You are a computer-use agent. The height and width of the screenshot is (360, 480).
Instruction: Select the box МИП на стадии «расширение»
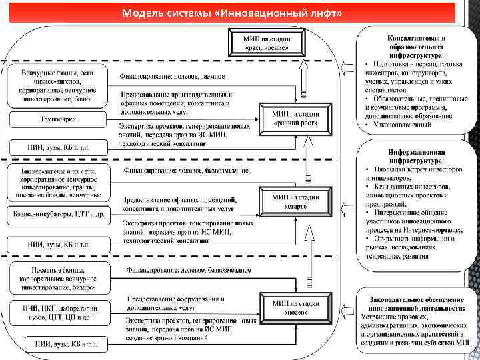[267, 43]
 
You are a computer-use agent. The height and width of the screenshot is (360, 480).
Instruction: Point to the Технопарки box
[59, 119]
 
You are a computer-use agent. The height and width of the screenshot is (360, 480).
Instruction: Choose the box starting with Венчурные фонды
[59, 86]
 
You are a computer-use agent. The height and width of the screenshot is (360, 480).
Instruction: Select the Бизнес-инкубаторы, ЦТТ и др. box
[59, 215]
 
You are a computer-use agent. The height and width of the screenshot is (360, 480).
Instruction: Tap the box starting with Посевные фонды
[59, 277]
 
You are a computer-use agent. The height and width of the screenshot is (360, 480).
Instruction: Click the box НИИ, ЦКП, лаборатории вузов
[59, 313]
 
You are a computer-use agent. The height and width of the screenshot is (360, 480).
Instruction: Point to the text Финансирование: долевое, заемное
[172, 76]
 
